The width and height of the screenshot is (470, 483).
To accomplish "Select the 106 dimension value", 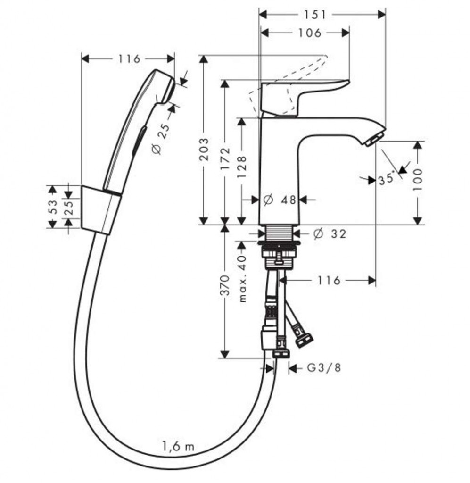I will click(x=310, y=33).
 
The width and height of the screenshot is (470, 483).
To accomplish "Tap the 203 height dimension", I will click(x=204, y=150).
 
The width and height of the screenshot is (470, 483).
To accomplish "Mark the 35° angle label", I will click(x=386, y=179).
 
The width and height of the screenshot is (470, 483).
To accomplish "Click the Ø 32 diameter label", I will click(x=330, y=233).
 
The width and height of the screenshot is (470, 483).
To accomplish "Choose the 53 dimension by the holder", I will click(x=53, y=207).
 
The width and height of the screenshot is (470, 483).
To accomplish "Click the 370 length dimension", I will click(x=225, y=286).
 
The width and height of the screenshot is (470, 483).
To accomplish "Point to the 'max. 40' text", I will click(x=242, y=279).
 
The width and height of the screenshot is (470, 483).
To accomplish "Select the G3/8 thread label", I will click(x=323, y=367).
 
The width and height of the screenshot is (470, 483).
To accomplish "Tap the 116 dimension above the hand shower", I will click(x=129, y=59).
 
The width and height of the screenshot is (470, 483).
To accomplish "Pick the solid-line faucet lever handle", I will click(x=302, y=94).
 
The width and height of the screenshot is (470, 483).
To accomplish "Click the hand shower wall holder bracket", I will click(x=100, y=208).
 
